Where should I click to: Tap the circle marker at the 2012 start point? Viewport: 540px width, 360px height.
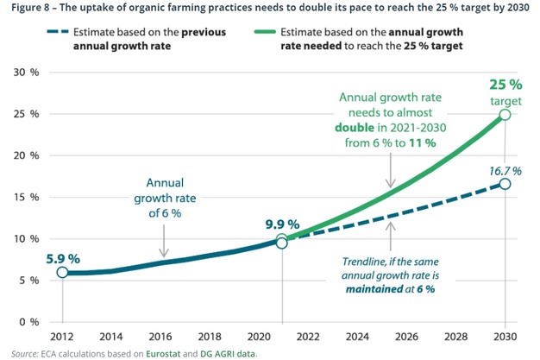pos(62,272)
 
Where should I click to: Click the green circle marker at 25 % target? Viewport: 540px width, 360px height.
pos(505,115)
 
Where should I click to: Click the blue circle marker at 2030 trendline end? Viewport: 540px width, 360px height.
pos(505,184)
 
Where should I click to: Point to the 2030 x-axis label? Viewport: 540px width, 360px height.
pos(504,336)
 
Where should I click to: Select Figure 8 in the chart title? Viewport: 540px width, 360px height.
pos(28,9)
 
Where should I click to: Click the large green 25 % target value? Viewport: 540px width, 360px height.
pos(505,85)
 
